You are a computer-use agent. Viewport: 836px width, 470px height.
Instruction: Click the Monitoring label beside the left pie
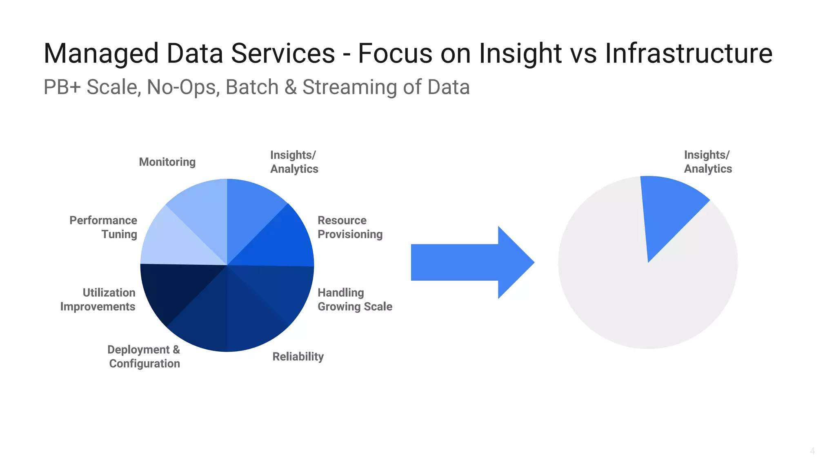167,162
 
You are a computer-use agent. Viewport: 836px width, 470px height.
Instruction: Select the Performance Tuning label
103,227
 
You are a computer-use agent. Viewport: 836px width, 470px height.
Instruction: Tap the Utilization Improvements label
98,299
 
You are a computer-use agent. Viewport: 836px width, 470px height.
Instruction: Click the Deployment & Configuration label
144,357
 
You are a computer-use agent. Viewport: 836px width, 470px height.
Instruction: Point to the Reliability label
298,357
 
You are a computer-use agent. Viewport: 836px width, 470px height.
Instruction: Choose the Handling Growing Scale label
355,299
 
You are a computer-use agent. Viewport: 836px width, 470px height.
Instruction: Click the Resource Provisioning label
350,227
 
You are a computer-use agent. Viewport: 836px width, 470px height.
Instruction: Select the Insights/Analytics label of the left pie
294,162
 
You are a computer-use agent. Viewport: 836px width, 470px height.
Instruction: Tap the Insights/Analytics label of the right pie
708,162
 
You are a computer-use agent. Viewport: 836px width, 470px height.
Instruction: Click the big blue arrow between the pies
469,262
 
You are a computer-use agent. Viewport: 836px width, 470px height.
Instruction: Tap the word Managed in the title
101,53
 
